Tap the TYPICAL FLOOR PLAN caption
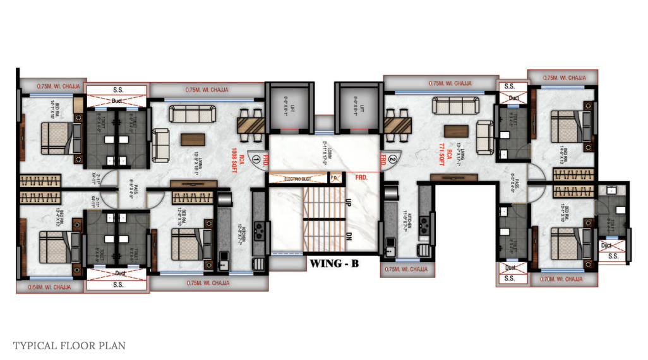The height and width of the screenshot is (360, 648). pos(69,345)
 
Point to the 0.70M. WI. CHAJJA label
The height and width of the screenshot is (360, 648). pos(561,279)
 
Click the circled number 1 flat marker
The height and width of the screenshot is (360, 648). pos(256,160)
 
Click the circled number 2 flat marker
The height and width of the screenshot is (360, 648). pos(392,160)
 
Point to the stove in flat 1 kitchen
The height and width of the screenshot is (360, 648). pos(259,229)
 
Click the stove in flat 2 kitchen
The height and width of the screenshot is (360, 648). pos(424,223)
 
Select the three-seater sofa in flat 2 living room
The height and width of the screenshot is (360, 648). pos(449,107)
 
